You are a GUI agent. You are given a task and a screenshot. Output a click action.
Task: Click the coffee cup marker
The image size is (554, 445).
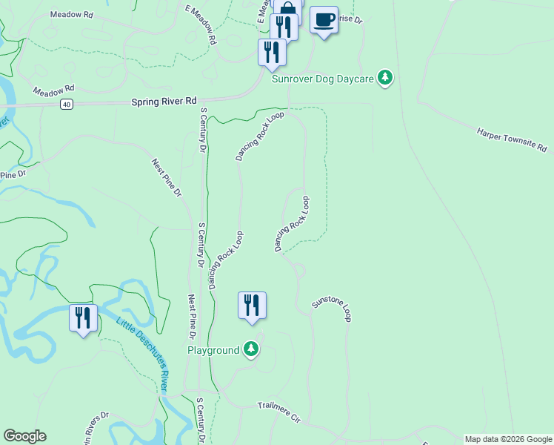[x=324, y=19]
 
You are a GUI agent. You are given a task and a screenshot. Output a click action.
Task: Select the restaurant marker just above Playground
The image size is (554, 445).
[x=252, y=305]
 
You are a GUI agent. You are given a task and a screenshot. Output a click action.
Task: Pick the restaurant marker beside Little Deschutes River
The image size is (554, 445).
[x=83, y=318]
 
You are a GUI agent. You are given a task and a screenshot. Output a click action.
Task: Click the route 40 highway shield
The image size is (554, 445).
[x=67, y=105]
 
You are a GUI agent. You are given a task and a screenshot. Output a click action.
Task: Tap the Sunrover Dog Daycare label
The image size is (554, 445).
[x=324, y=78]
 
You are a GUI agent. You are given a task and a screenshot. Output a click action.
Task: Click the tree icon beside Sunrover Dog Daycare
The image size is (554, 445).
[x=384, y=78]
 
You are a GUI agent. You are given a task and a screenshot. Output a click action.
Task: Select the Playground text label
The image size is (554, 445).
[x=213, y=350]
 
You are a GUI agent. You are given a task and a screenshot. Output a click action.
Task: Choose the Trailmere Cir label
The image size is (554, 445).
[x=278, y=412]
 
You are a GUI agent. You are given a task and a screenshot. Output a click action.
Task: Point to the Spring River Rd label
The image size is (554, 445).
[x=164, y=102]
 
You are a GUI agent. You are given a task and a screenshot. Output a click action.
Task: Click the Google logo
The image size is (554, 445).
[x=24, y=436]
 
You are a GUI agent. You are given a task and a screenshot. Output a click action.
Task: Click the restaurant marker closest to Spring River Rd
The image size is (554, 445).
[x=272, y=53]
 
